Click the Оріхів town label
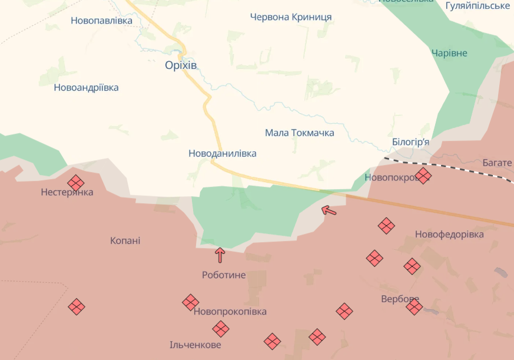(x=181, y=65)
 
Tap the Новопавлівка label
(x=101, y=21)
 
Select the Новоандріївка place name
(x=86, y=88)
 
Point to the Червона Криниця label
(x=291, y=17)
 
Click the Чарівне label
(x=449, y=54)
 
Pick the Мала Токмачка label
(x=300, y=133)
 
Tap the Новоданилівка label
(x=223, y=154)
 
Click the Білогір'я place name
(x=410, y=143)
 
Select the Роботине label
(x=224, y=275)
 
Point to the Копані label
(x=125, y=241)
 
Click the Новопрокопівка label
(x=230, y=312)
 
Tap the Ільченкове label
(x=195, y=345)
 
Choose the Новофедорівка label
(x=449, y=235)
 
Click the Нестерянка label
(x=67, y=193)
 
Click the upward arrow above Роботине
(x=220, y=255)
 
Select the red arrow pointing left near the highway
(x=329, y=210)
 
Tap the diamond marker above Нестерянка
(x=76, y=183)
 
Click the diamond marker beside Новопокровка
(x=423, y=175)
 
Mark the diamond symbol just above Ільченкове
(x=221, y=329)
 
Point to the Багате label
(x=497, y=163)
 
